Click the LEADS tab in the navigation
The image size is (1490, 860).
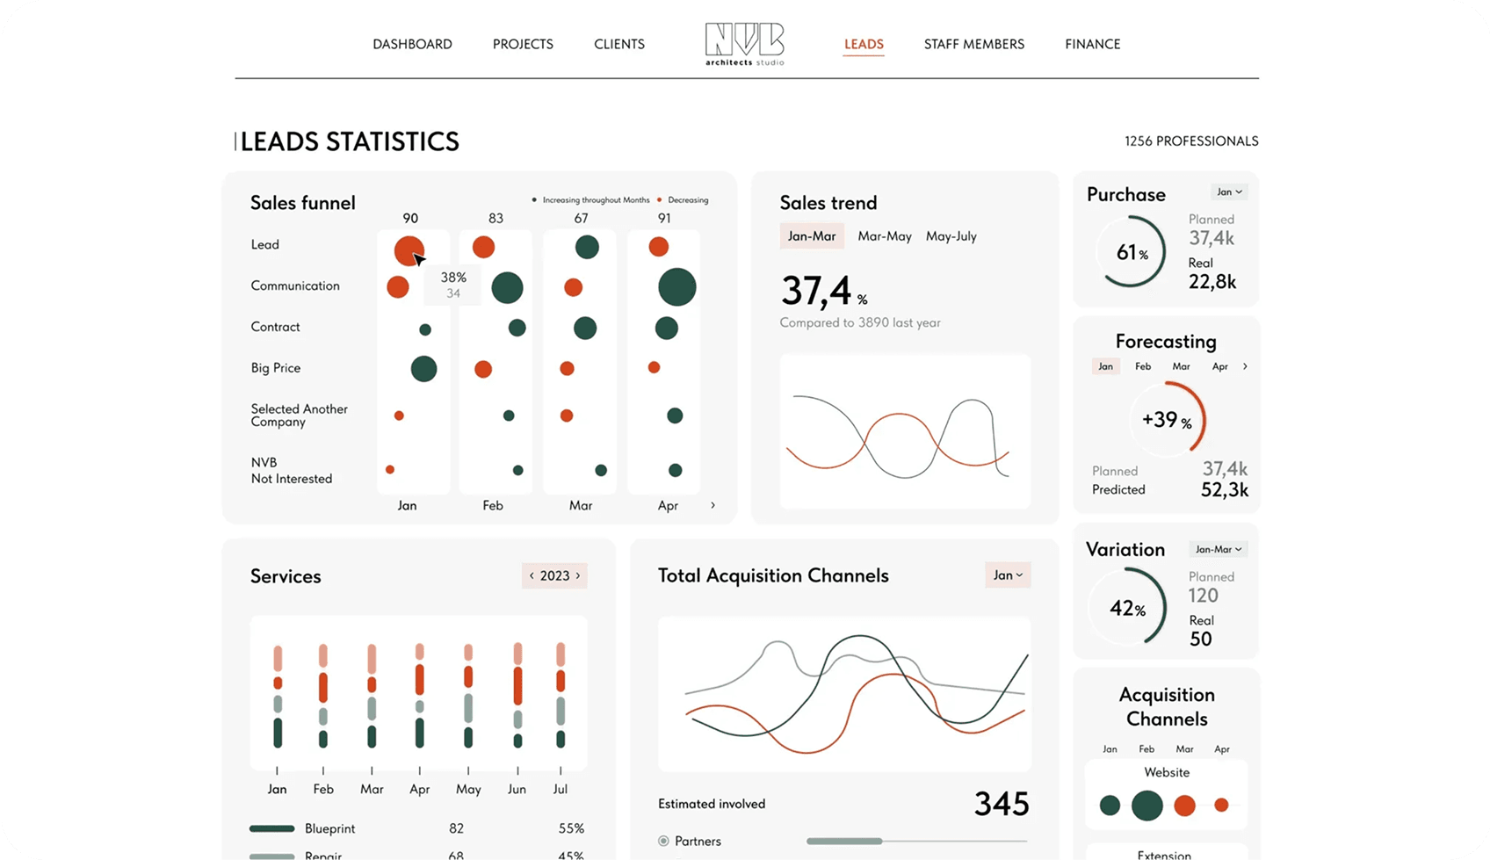tap(864, 44)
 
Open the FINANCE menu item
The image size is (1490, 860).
tap(1092, 44)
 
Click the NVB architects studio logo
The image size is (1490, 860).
tap(744, 44)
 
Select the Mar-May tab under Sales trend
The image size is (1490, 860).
tap(884, 236)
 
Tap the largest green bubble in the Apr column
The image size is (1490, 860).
tap(676, 287)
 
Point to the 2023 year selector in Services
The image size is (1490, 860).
tap(554, 576)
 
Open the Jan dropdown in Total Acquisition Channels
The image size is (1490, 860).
tap(1008, 575)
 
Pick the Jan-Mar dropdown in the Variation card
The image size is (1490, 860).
tap(1218, 549)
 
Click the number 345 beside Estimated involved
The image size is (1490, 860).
tap(1002, 804)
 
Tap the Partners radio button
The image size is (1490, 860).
tap(663, 842)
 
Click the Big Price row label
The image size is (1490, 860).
tap(276, 368)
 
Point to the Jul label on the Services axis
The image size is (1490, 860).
tap(561, 789)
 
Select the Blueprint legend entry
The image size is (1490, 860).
tap(329, 828)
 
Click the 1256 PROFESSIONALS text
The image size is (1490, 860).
tap(1191, 141)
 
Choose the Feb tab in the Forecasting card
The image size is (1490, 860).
tap(1143, 366)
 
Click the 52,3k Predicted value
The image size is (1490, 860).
tap(1225, 489)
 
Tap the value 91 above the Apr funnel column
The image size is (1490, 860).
tap(664, 219)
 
